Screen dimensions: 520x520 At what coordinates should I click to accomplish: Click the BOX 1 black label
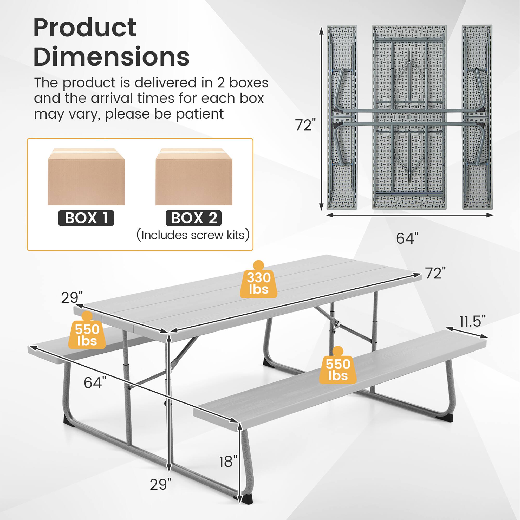point(86,218)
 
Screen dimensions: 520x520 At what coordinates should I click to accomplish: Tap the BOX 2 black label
point(193,218)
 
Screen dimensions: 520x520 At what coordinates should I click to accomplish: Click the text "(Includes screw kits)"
point(193,235)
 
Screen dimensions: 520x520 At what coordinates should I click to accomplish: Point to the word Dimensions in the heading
point(112,56)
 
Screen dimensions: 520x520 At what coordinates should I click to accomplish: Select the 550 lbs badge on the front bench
point(338,368)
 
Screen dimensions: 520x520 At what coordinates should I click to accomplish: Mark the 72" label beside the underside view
point(305,125)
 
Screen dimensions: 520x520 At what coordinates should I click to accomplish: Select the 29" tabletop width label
point(71,298)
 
